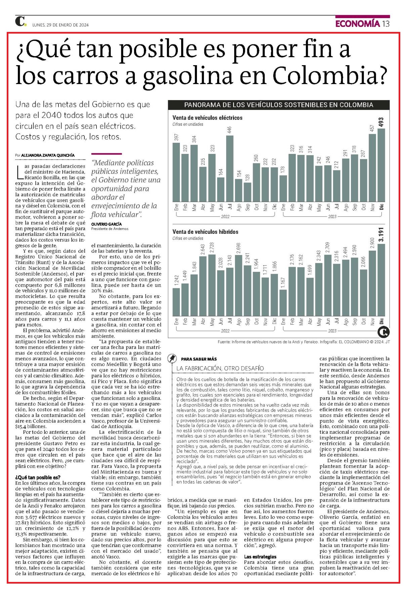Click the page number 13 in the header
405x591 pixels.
tap(386, 24)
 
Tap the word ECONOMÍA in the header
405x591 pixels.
tap(358, 24)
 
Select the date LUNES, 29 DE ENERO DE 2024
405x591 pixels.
tap(60, 25)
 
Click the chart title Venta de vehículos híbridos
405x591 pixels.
tap(205, 232)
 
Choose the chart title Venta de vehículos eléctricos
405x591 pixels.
tap(207, 118)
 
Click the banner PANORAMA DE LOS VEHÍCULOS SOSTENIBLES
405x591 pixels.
tap(279, 104)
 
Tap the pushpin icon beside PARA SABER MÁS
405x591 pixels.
tap(172, 358)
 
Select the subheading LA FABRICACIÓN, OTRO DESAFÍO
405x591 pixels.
tap(220, 369)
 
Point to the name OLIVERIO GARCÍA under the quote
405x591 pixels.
tap(107, 224)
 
